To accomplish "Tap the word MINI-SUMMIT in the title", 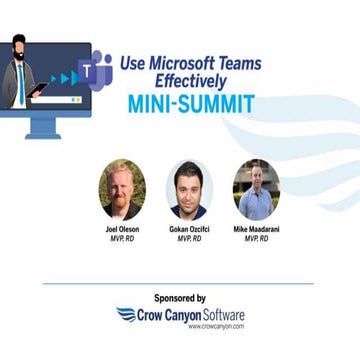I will (x=191, y=104).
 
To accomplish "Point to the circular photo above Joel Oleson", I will (x=122, y=189).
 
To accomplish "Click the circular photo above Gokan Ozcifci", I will (x=189, y=190).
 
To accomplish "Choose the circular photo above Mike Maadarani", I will (x=256, y=189).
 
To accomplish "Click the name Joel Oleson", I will (x=123, y=229).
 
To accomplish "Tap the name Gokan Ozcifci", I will (x=190, y=229).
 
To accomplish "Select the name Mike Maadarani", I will (x=257, y=229).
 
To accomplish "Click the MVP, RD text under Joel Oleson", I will (x=123, y=239).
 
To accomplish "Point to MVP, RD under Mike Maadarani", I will (x=257, y=239).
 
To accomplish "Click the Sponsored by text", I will (x=180, y=298).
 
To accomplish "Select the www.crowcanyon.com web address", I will (x=215, y=326).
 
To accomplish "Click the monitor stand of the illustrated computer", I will (x=45, y=127).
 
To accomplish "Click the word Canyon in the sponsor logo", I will (x=179, y=314).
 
